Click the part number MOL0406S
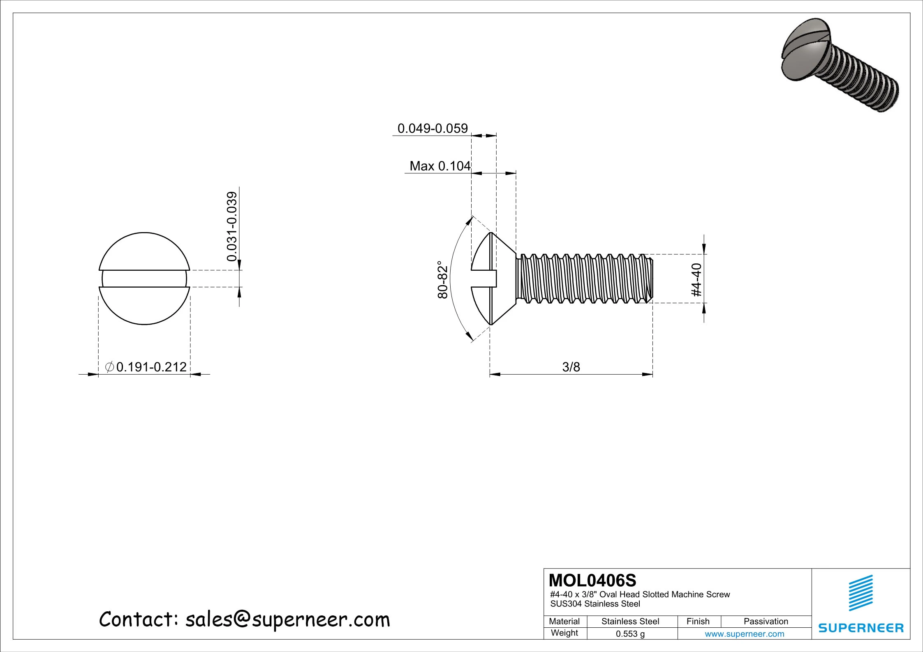click(592, 581)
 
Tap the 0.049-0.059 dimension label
click(432, 129)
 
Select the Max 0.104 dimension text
click(440, 166)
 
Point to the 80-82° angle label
click(442, 279)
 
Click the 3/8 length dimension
click(571, 367)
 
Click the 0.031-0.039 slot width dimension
click(232, 226)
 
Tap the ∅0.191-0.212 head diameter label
click(146, 367)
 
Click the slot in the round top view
click(144, 279)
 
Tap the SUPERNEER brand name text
click(861, 628)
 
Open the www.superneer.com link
click(744, 634)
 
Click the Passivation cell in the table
click(766, 622)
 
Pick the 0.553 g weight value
click(630, 634)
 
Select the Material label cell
click(564, 622)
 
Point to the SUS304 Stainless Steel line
click(595, 604)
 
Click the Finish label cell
click(698, 622)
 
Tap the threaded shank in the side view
click(584, 279)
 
